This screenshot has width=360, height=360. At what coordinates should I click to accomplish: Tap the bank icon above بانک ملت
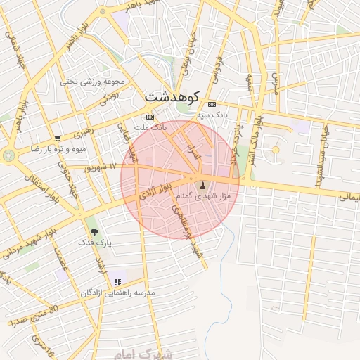(x=150, y=117)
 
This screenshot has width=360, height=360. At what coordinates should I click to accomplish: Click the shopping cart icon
(x=58, y=139)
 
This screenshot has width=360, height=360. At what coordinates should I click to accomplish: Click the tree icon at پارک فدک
(x=94, y=232)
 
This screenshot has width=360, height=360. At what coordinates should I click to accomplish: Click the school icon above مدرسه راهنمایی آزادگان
(x=117, y=282)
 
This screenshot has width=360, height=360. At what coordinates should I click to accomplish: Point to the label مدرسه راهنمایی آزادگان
(x=118, y=292)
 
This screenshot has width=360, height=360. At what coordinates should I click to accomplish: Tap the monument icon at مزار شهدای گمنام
(x=204, y=186)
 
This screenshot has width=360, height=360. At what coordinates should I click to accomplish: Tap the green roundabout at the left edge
(x=8, y=154)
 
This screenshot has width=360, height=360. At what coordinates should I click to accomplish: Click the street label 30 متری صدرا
(x=33, y=314)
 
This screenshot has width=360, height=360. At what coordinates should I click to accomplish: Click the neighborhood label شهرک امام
(x=150, y=353)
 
